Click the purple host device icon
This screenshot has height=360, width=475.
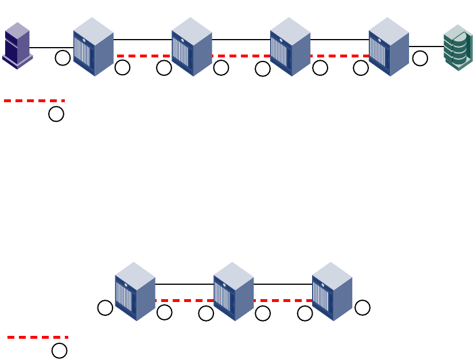17,45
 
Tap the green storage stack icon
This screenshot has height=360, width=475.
457,48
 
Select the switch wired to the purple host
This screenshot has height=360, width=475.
93,47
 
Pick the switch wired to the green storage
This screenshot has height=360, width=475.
388,47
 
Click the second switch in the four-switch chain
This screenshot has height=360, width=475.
192,47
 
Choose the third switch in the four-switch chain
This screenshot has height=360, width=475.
290,47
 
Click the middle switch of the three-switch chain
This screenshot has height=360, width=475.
233,292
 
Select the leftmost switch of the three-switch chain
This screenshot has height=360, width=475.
135,292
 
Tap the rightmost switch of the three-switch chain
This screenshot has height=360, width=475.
332,292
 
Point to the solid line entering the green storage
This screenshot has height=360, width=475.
426,47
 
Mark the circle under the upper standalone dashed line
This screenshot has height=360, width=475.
56,114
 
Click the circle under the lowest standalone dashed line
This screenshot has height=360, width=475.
59,350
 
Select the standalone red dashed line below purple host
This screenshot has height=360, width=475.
34,100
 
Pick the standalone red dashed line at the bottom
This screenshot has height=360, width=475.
38,337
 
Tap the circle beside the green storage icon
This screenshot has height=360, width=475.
420,58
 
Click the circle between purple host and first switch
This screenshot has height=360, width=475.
63,57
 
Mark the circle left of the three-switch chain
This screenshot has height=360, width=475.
105,308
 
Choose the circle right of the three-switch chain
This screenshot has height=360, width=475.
362,308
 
